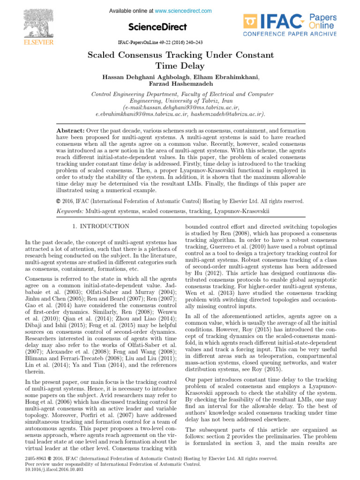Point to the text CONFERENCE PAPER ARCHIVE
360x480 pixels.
pyautogui.click(x=289, y=34)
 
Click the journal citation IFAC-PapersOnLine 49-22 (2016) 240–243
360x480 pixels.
pyautogui.click(x=160, y=42)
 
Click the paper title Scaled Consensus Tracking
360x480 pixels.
pyautogui.click(x=180, y=55)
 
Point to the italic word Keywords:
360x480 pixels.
pyautogui.click(x=70, y=211)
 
